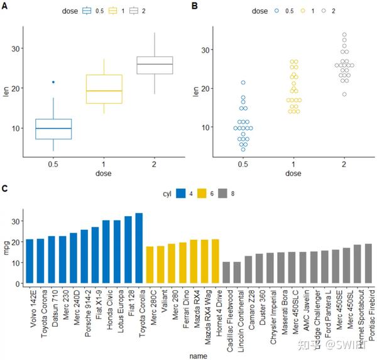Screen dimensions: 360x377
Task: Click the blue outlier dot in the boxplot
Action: tap(53, 82)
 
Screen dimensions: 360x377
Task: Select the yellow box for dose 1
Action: tap(104, 89)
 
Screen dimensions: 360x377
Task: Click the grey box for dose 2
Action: tap(155, 65)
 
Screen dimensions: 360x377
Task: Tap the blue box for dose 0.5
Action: tap(53, 129)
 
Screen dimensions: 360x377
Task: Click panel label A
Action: tap(5, 5)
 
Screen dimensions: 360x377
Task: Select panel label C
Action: tap(5, 188)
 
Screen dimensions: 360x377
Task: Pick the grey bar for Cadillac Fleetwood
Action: tap(226, 273)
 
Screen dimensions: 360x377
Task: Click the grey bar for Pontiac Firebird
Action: tap(368, 264)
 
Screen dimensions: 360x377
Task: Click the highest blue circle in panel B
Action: tap(243, 82)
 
